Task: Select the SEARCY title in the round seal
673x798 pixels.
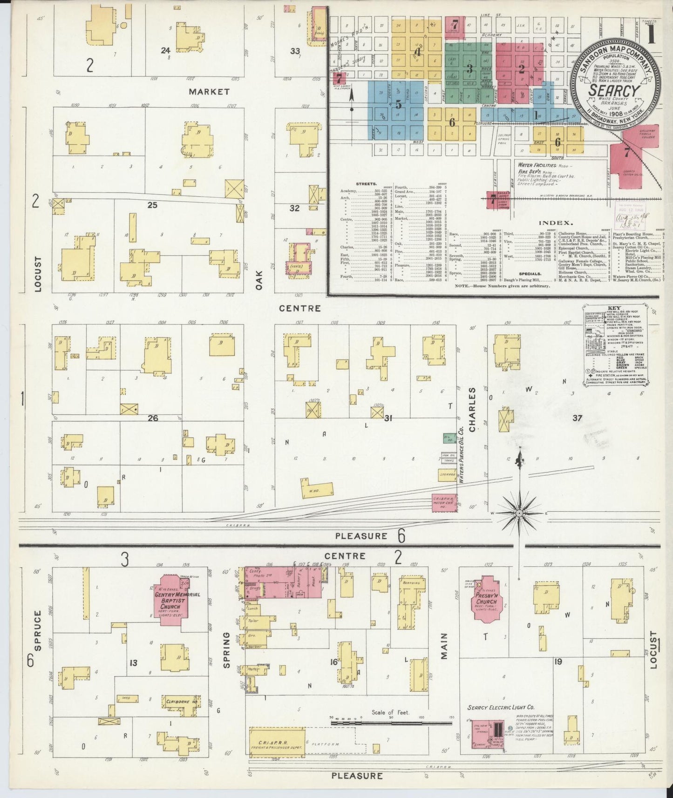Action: click(x=614, y=90)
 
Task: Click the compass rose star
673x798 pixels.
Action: click(x=519, y=513)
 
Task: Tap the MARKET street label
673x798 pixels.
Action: click(x=209, y=92)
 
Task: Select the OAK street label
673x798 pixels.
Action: click(x=259, y=280)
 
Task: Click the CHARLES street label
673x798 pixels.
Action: click(x=473, y=410)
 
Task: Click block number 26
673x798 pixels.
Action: click(x=153, y=418)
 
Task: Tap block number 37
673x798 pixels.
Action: click(x=577, y=418)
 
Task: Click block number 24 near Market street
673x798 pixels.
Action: click(x=165, y=50)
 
